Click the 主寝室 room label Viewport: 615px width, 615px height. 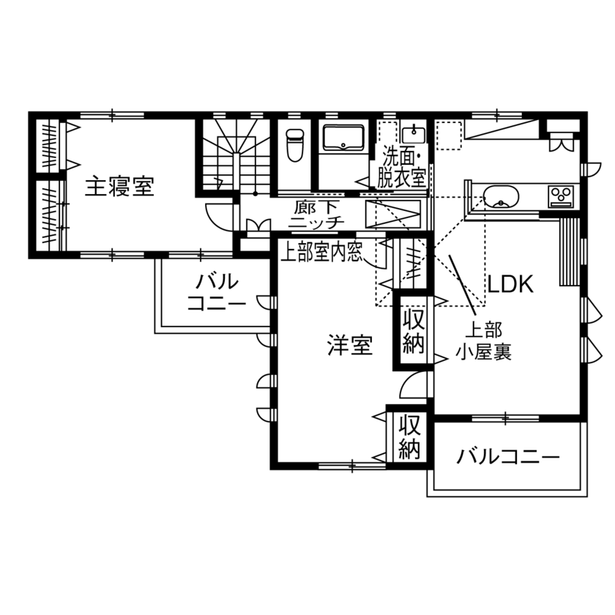(x=119, y=187)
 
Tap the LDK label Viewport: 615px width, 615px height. (x=513, y=284)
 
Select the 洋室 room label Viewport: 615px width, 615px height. (x=350, y=346)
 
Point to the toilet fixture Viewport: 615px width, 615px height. (x=294, y=145)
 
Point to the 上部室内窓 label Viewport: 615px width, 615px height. (x=322, y=253)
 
